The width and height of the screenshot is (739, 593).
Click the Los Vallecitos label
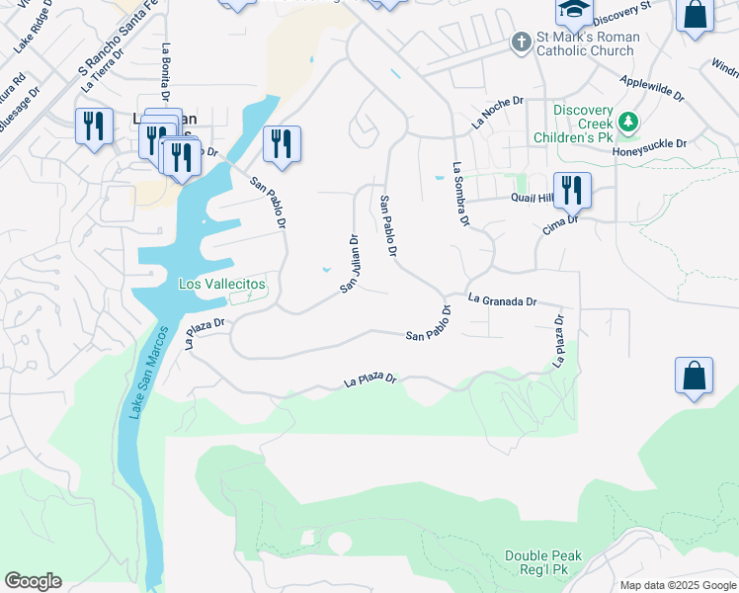pyautogui.click(x=221, y=284)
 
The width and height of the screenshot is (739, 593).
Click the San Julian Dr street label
pyautogui.click(x=348, y=263)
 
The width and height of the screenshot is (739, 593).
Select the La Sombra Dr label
pyautogui.click(x=459, y=196)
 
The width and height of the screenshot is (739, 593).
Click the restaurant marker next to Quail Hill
pyautogui.click(x=572, y=189)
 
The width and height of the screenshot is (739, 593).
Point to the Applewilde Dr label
pyautogui.click(x=651, y=88)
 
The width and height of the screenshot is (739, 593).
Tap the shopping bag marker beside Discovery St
pyautogui.click(x=696, y=16)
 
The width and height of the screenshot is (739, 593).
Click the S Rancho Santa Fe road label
pyautogui.click(x=115, y=48)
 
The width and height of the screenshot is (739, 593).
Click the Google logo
pyautogui.click(x=33, y=581)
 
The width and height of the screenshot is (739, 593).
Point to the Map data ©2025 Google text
pyautogui.click(x=677, y=585)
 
